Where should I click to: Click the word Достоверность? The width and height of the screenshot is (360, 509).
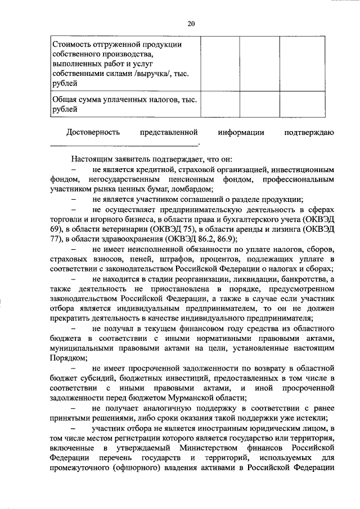click(93, 132)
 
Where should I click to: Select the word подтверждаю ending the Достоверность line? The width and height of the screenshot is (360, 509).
click(310, 132)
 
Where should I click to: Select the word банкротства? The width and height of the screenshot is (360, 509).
click(305, 280)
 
